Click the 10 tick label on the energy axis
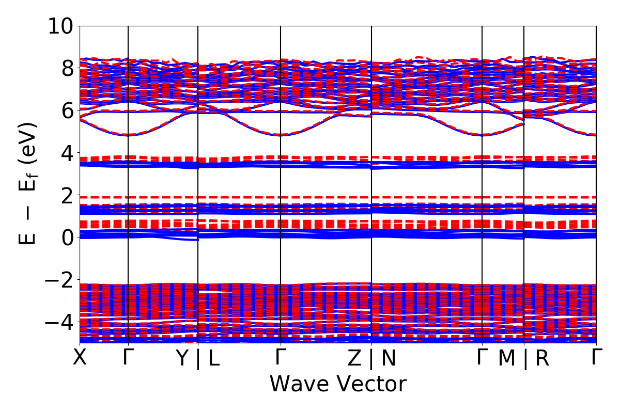click(61, 26)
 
